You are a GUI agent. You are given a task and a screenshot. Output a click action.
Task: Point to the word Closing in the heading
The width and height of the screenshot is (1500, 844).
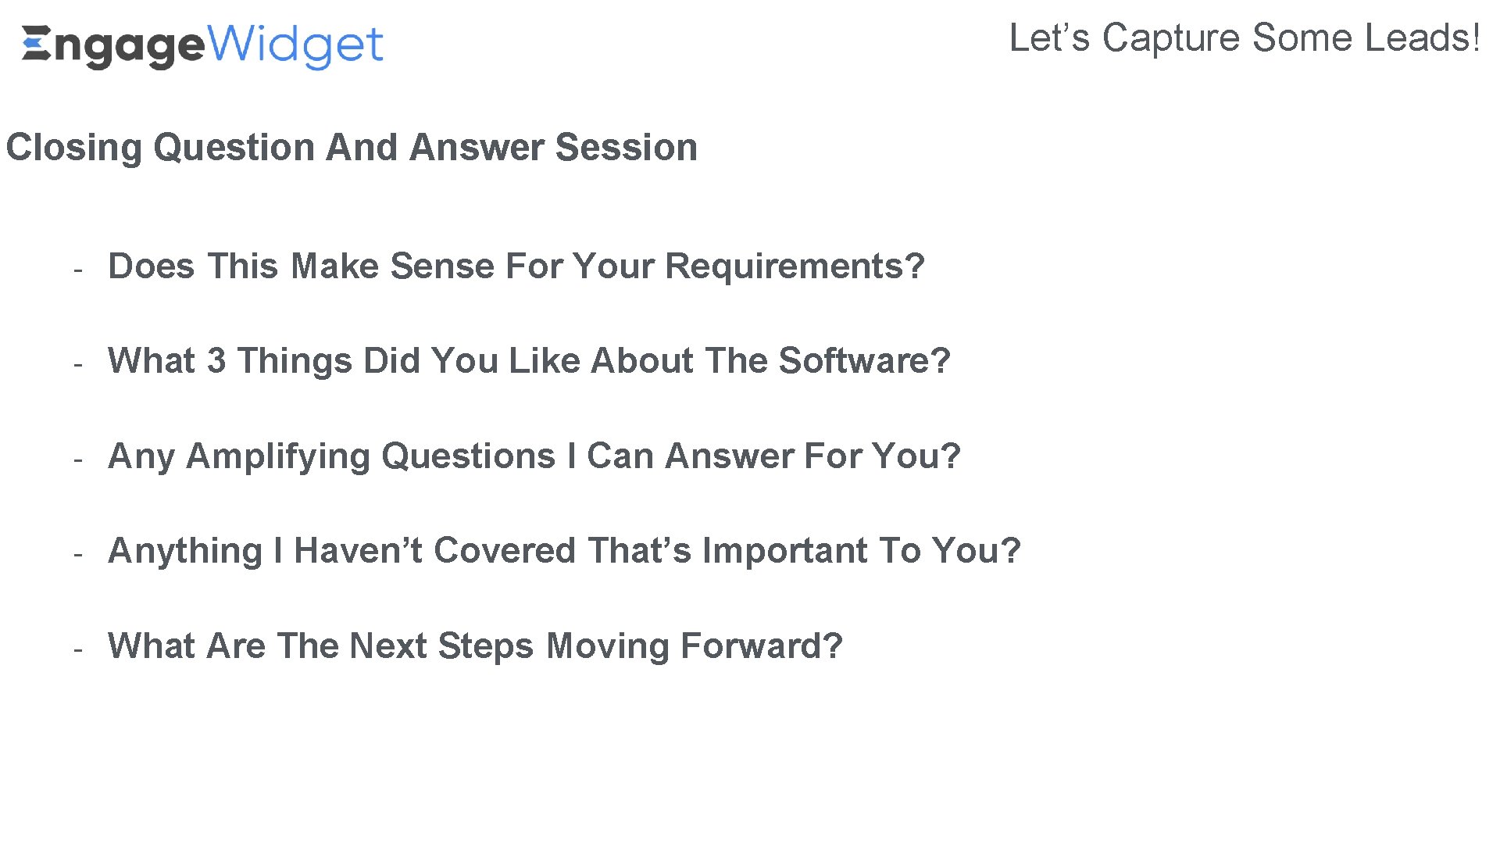(x=73, y=148)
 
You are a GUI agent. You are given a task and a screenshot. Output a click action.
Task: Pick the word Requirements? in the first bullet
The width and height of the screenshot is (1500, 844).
(x=795, y=266)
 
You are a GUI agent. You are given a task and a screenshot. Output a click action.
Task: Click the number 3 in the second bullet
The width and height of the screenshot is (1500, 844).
(x=216, y=361)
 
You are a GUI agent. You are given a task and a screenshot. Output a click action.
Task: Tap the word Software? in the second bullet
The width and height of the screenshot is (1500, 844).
(x=864, y=361)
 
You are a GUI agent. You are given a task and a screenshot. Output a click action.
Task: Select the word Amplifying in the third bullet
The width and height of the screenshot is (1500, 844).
(x=277, y=456)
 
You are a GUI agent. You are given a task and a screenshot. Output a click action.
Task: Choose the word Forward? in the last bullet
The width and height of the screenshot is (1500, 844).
(x=761, y=646)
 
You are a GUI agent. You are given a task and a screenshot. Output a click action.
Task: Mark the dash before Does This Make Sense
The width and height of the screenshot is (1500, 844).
(x=78, y=270)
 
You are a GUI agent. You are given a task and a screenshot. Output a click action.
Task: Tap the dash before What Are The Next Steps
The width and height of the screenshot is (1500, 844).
(x=78, y=649)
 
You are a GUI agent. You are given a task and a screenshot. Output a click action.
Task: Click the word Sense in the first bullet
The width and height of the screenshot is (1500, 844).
(x=442, y=266)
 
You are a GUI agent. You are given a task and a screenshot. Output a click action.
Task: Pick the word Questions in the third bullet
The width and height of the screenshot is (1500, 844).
(x=468, y=456)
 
